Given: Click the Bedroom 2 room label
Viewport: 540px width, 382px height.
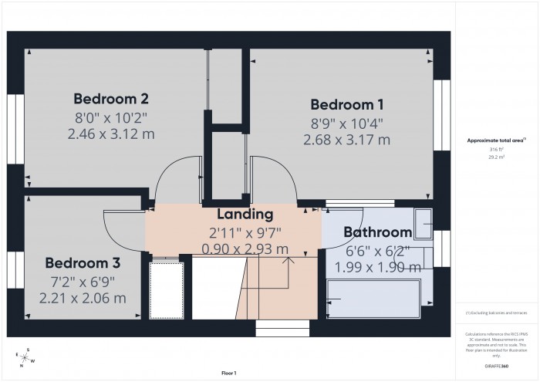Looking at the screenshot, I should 110,99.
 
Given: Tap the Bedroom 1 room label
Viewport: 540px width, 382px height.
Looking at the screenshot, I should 346,104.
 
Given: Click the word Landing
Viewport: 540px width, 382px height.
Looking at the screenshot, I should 245,214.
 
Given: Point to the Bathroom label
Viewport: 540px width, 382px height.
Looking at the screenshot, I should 377,232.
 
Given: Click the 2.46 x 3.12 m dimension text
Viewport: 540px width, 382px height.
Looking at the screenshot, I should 110,134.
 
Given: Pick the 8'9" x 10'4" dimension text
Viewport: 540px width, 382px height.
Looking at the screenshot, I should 346,123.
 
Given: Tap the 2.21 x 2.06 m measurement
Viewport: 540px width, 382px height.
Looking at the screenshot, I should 83,297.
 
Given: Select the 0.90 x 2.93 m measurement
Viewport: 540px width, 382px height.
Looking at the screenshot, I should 245,248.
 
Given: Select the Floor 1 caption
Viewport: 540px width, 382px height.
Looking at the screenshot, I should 228,373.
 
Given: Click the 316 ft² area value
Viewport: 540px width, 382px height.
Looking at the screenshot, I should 496,149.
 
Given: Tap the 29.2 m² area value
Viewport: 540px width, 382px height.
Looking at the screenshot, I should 496,156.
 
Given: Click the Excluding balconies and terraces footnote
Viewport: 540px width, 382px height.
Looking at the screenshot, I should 496,312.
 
